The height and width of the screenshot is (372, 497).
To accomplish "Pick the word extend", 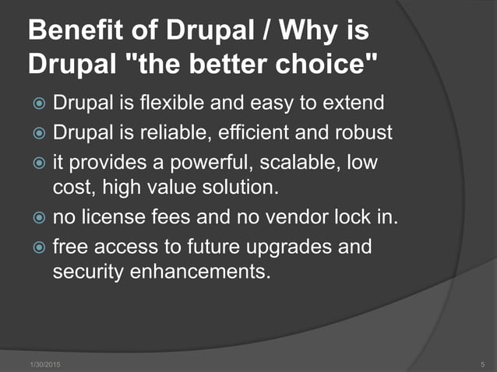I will (347, 104).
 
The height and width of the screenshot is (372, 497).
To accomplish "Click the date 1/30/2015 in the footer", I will (46, 364).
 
